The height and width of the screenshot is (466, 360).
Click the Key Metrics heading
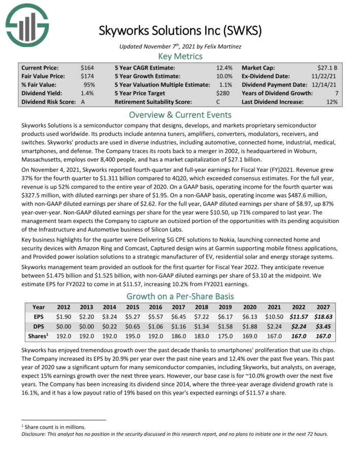180,56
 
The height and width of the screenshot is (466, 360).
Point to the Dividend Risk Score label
47,102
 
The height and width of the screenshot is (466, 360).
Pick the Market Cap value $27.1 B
327,67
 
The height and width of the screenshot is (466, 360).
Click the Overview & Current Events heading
180,115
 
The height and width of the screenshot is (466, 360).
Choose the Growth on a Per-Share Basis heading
180,296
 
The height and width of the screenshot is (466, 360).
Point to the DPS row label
39,326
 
